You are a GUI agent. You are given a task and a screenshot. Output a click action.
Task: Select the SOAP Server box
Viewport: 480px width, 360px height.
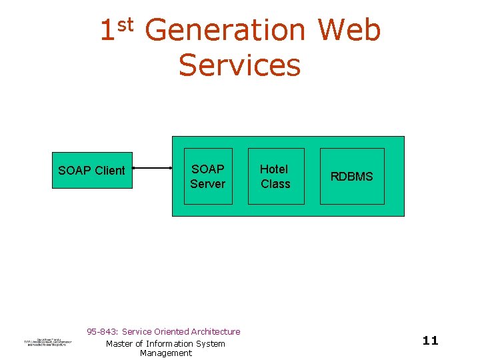point(208,176)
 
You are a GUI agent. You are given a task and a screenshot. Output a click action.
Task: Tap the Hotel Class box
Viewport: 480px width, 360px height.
point(275,176)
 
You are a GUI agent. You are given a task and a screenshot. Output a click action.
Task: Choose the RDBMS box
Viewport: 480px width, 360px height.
point(352,176)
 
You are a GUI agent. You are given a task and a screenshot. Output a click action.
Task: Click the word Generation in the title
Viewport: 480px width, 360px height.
point(225,31)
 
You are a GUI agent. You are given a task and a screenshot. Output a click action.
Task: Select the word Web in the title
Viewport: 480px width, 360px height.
point(349,31)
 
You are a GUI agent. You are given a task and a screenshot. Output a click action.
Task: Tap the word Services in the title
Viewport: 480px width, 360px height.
point(239,65)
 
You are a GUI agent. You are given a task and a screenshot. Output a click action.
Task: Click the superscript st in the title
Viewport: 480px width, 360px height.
point(127,25)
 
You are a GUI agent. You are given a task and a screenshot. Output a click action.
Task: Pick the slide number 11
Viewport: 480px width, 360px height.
point(431,341)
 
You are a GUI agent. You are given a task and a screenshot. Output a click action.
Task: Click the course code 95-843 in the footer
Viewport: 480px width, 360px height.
point(102,331)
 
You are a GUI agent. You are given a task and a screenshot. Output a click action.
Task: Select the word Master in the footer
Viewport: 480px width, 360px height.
point(120,343)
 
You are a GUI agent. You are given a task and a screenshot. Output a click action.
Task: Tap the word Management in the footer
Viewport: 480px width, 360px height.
point(166,353)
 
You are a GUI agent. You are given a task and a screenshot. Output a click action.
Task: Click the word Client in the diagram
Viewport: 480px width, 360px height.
point(109,170)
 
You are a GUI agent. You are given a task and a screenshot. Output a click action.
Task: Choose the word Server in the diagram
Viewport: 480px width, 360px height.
point(208,183)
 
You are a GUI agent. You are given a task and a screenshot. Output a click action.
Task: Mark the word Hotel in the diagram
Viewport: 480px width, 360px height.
point(273,169)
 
